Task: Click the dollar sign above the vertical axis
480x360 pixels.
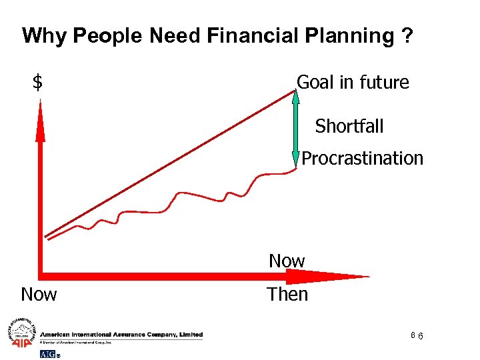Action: pos(38,83)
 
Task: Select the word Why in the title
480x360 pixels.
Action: pos(45,35)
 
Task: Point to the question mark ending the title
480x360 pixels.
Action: pos(407,35)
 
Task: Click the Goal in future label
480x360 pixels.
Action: pos(353,83)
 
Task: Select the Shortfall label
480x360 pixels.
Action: pos(349,125)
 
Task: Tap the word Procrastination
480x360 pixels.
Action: pos(362,159)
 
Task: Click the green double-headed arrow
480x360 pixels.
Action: pos(297,127)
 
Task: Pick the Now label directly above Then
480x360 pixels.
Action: pos(287,261)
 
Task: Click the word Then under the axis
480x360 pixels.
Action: pos(287,294)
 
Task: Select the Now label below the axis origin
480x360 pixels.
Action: pos(39,294)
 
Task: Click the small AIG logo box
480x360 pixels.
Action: pos(49,353)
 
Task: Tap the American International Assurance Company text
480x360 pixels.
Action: pos(121,335)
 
